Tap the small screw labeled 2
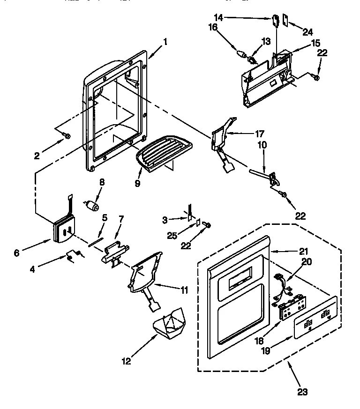[67, 136]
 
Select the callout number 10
[262, 146]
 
